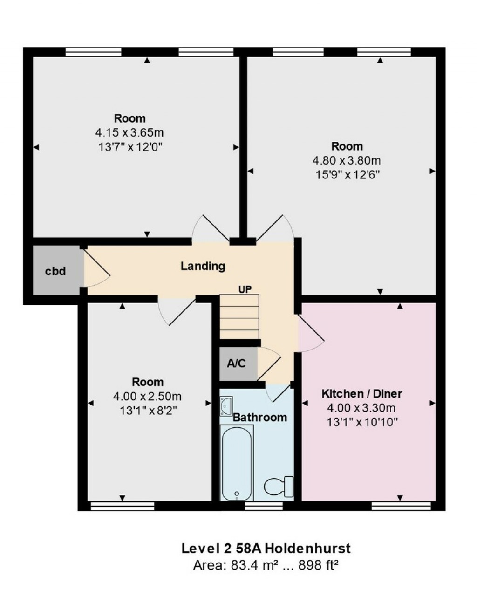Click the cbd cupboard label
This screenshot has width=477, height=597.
pos(55,271)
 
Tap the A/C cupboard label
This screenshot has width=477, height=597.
pos(236,363)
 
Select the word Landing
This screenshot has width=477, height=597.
pos(203,266)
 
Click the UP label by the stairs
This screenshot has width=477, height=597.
pos(245,289)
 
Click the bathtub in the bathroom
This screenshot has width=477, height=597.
pos(237,464)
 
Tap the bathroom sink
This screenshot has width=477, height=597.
pos(227,405)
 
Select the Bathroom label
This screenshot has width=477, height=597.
pos(260,417)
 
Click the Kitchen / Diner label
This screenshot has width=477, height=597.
pos(361,393)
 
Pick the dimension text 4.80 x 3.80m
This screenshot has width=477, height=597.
pos(347,161)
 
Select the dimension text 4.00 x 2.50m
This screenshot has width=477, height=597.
pos(147,397)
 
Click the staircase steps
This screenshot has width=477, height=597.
pos(239,317)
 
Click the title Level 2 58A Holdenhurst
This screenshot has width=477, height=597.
pos(266,548)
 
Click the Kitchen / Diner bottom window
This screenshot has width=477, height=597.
pos(401,505)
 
